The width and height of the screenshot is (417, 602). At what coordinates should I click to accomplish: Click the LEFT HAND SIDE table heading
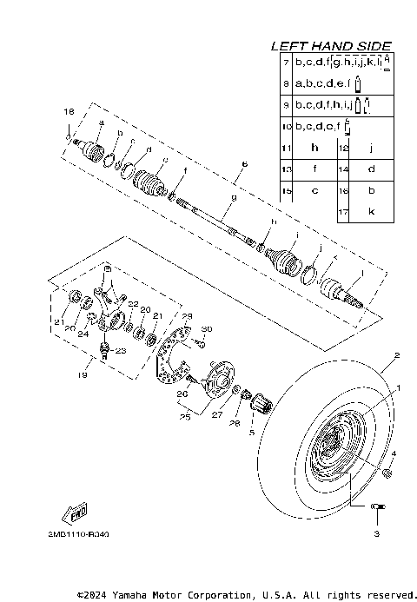331,45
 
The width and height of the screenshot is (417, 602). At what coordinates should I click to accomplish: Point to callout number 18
69,113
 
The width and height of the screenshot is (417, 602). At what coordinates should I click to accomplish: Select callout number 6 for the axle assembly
245,163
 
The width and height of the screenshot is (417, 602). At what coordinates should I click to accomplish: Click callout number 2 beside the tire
395,355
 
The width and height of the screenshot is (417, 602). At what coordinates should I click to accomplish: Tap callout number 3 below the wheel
377,533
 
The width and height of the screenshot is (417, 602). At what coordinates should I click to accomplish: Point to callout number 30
206,328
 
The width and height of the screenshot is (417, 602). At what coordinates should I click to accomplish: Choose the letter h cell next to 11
315,148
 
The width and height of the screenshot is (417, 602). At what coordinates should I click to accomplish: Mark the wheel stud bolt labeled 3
377,507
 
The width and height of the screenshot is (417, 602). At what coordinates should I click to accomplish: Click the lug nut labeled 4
387,472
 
